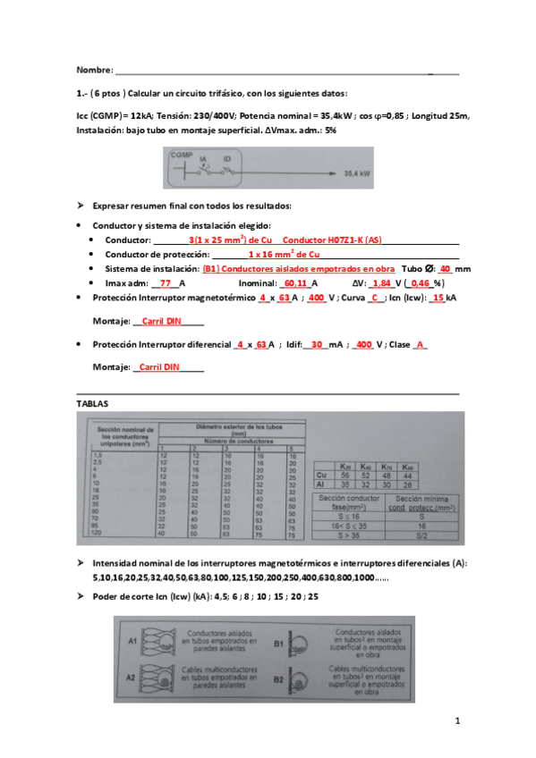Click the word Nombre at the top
94,70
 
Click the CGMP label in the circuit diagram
181,155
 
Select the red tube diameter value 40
445,268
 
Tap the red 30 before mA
317,344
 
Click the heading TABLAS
92,404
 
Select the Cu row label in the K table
321,476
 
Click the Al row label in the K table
321,484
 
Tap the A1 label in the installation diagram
132,641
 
